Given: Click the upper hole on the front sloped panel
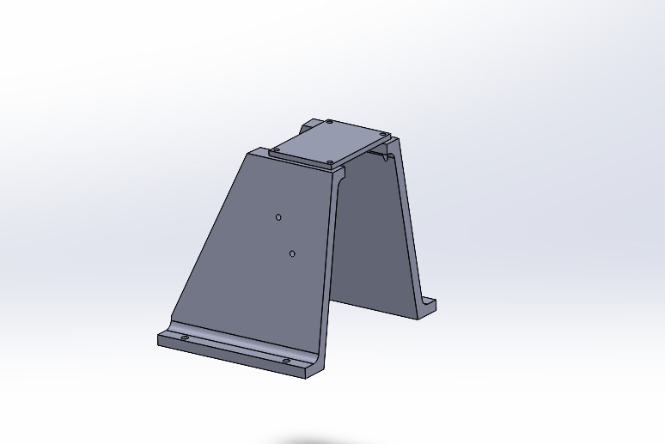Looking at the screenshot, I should coord(278,217).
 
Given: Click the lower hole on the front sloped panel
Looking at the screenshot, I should coord(292,253).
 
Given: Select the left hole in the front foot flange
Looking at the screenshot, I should coord(185,338).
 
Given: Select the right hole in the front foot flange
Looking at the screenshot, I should coord(287,362).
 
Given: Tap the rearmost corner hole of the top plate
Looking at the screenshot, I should coord(329,122).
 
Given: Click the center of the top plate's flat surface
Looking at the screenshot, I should coord(331,142).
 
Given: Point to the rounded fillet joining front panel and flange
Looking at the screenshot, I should coord(241,338).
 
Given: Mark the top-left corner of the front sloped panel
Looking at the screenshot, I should coord(249,153).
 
